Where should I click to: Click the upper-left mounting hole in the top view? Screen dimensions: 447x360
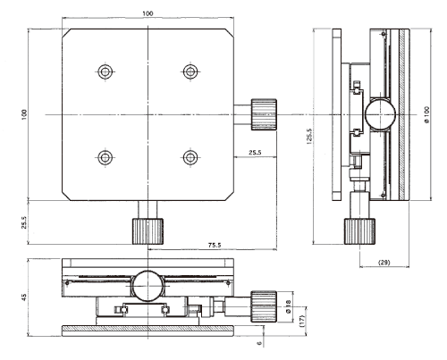click(x=105, y=71)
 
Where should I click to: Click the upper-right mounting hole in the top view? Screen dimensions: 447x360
click(x=190, y=71)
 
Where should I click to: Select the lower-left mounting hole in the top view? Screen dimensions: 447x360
click(x=105, y=157)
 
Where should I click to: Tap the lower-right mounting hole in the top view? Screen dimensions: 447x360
click(x=190, y=157)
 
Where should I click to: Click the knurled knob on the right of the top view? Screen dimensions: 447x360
click(x=264, y=114)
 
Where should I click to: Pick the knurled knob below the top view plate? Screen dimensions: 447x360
click(x=148, y=231)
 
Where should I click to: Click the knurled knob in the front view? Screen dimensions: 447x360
click(x=264, y=306)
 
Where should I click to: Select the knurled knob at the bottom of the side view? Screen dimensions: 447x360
click(x=359, y=231)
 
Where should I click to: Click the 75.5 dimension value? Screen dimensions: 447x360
click(x=215, y=246)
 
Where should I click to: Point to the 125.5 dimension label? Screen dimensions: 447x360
click(x=309, y=137)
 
